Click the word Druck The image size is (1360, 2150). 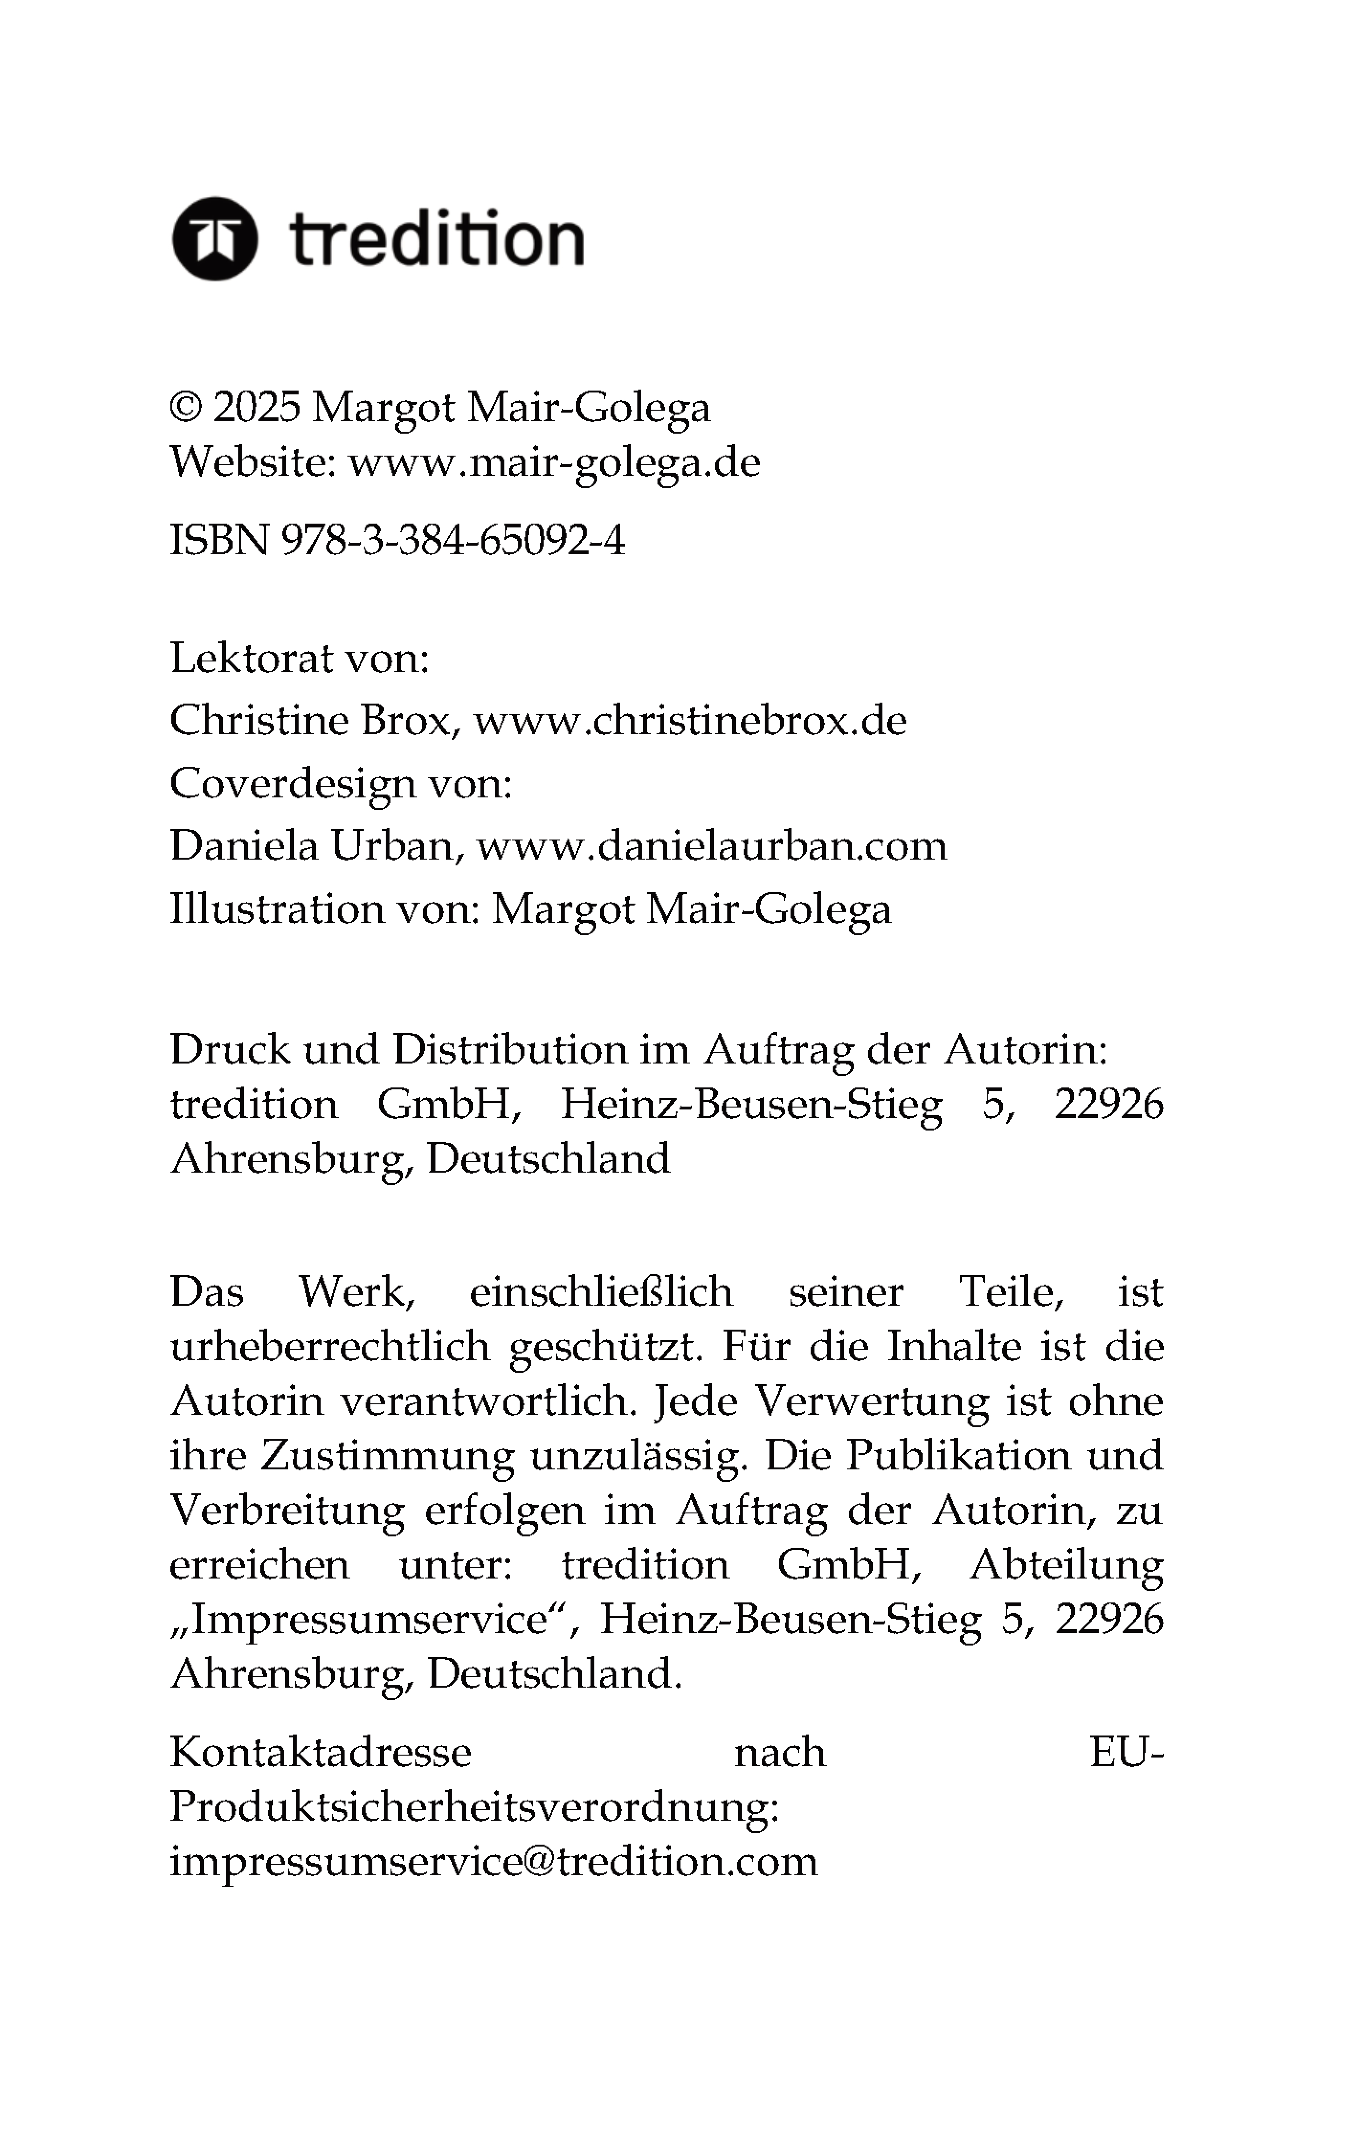click(230, 1050)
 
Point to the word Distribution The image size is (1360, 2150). click(510, 1050)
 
